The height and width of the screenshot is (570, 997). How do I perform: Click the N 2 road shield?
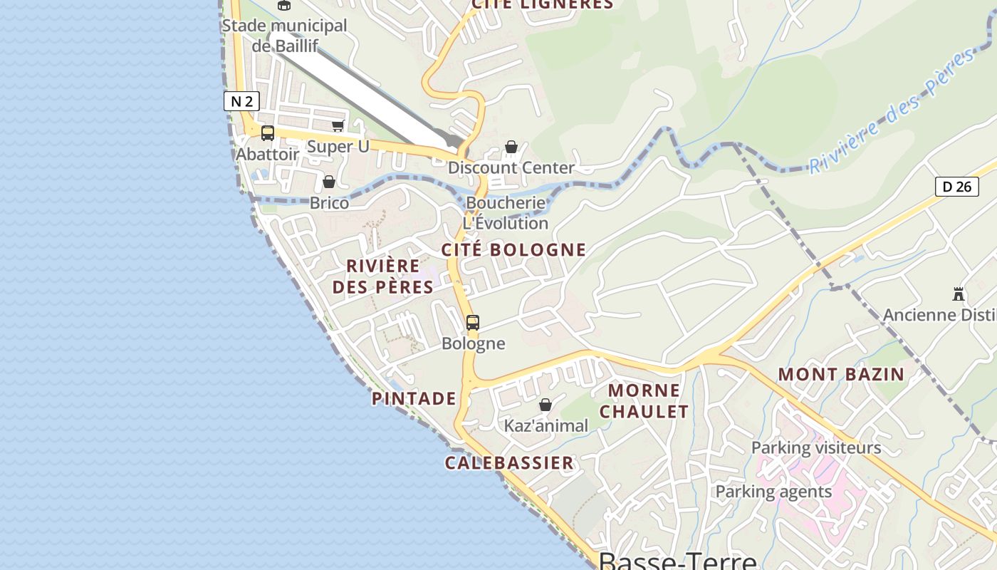click(x=241, y=101)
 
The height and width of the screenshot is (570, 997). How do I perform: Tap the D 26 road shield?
click(x=956, y=187)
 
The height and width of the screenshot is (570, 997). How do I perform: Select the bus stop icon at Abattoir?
click(x=268, y=133)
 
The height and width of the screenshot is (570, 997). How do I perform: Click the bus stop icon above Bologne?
click(x=473, y=323)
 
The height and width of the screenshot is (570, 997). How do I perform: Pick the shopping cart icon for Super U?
click(x=338, y=126)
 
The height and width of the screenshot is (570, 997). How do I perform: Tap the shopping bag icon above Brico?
click(x=329, y=182)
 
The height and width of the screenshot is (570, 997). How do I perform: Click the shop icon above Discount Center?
click(x=511, y=147)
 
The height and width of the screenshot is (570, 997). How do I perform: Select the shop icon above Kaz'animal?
click(x=546, y=405)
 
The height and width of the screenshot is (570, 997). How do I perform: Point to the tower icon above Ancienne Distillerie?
click(x=959, y=294)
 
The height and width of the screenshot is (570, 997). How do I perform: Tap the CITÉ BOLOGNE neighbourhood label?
click(x=513, y=250)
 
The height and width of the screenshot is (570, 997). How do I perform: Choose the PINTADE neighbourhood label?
click(x=414, y=398)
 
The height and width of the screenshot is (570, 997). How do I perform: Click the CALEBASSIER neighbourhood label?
click(x=509, y=463)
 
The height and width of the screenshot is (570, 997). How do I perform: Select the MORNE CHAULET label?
click(x=644, y=401)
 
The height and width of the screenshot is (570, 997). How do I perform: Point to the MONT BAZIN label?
click(x=840, y=374)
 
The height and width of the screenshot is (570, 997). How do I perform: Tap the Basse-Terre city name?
click(x=677, y=560)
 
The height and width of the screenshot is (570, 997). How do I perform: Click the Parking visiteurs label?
click(x=816, y=448)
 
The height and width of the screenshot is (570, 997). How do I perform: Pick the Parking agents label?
click(x=773, y=492)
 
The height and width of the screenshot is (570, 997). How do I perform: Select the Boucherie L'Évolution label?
click(x=506, y=213)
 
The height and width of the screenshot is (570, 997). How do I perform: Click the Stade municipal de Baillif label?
click(x=284, y=35)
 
